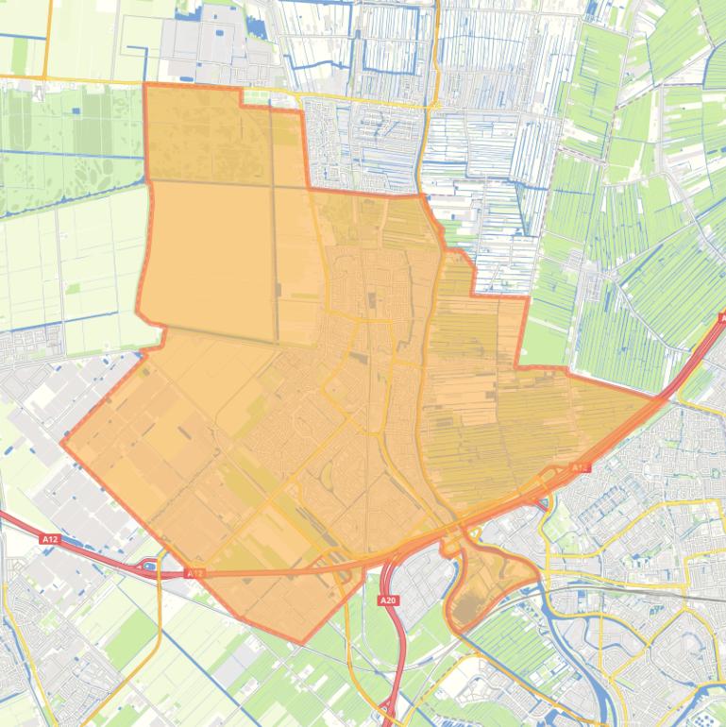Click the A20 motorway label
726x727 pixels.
[x=386, y=600]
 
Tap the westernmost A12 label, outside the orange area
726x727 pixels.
[x=49, y=538]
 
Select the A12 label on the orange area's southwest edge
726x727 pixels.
[x=195, y=573]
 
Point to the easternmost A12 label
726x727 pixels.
[x=580, y=467]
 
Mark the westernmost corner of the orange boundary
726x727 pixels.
[x=62, y=443]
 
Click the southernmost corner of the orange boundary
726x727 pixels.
[x=301, y=644]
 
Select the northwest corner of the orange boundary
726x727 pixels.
[x=144, y=85]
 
